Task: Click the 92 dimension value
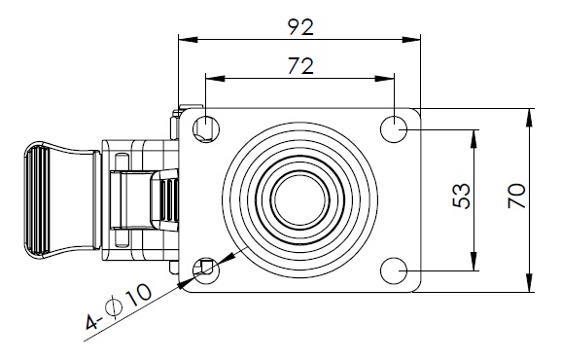point(300,27)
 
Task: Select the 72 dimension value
point(300,66)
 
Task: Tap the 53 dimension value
point(462,196)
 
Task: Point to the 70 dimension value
point(516,196)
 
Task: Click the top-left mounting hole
point(206,128)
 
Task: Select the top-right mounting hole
point(394,128)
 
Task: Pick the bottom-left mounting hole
point(206,270)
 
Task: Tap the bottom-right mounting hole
point(394,270)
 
